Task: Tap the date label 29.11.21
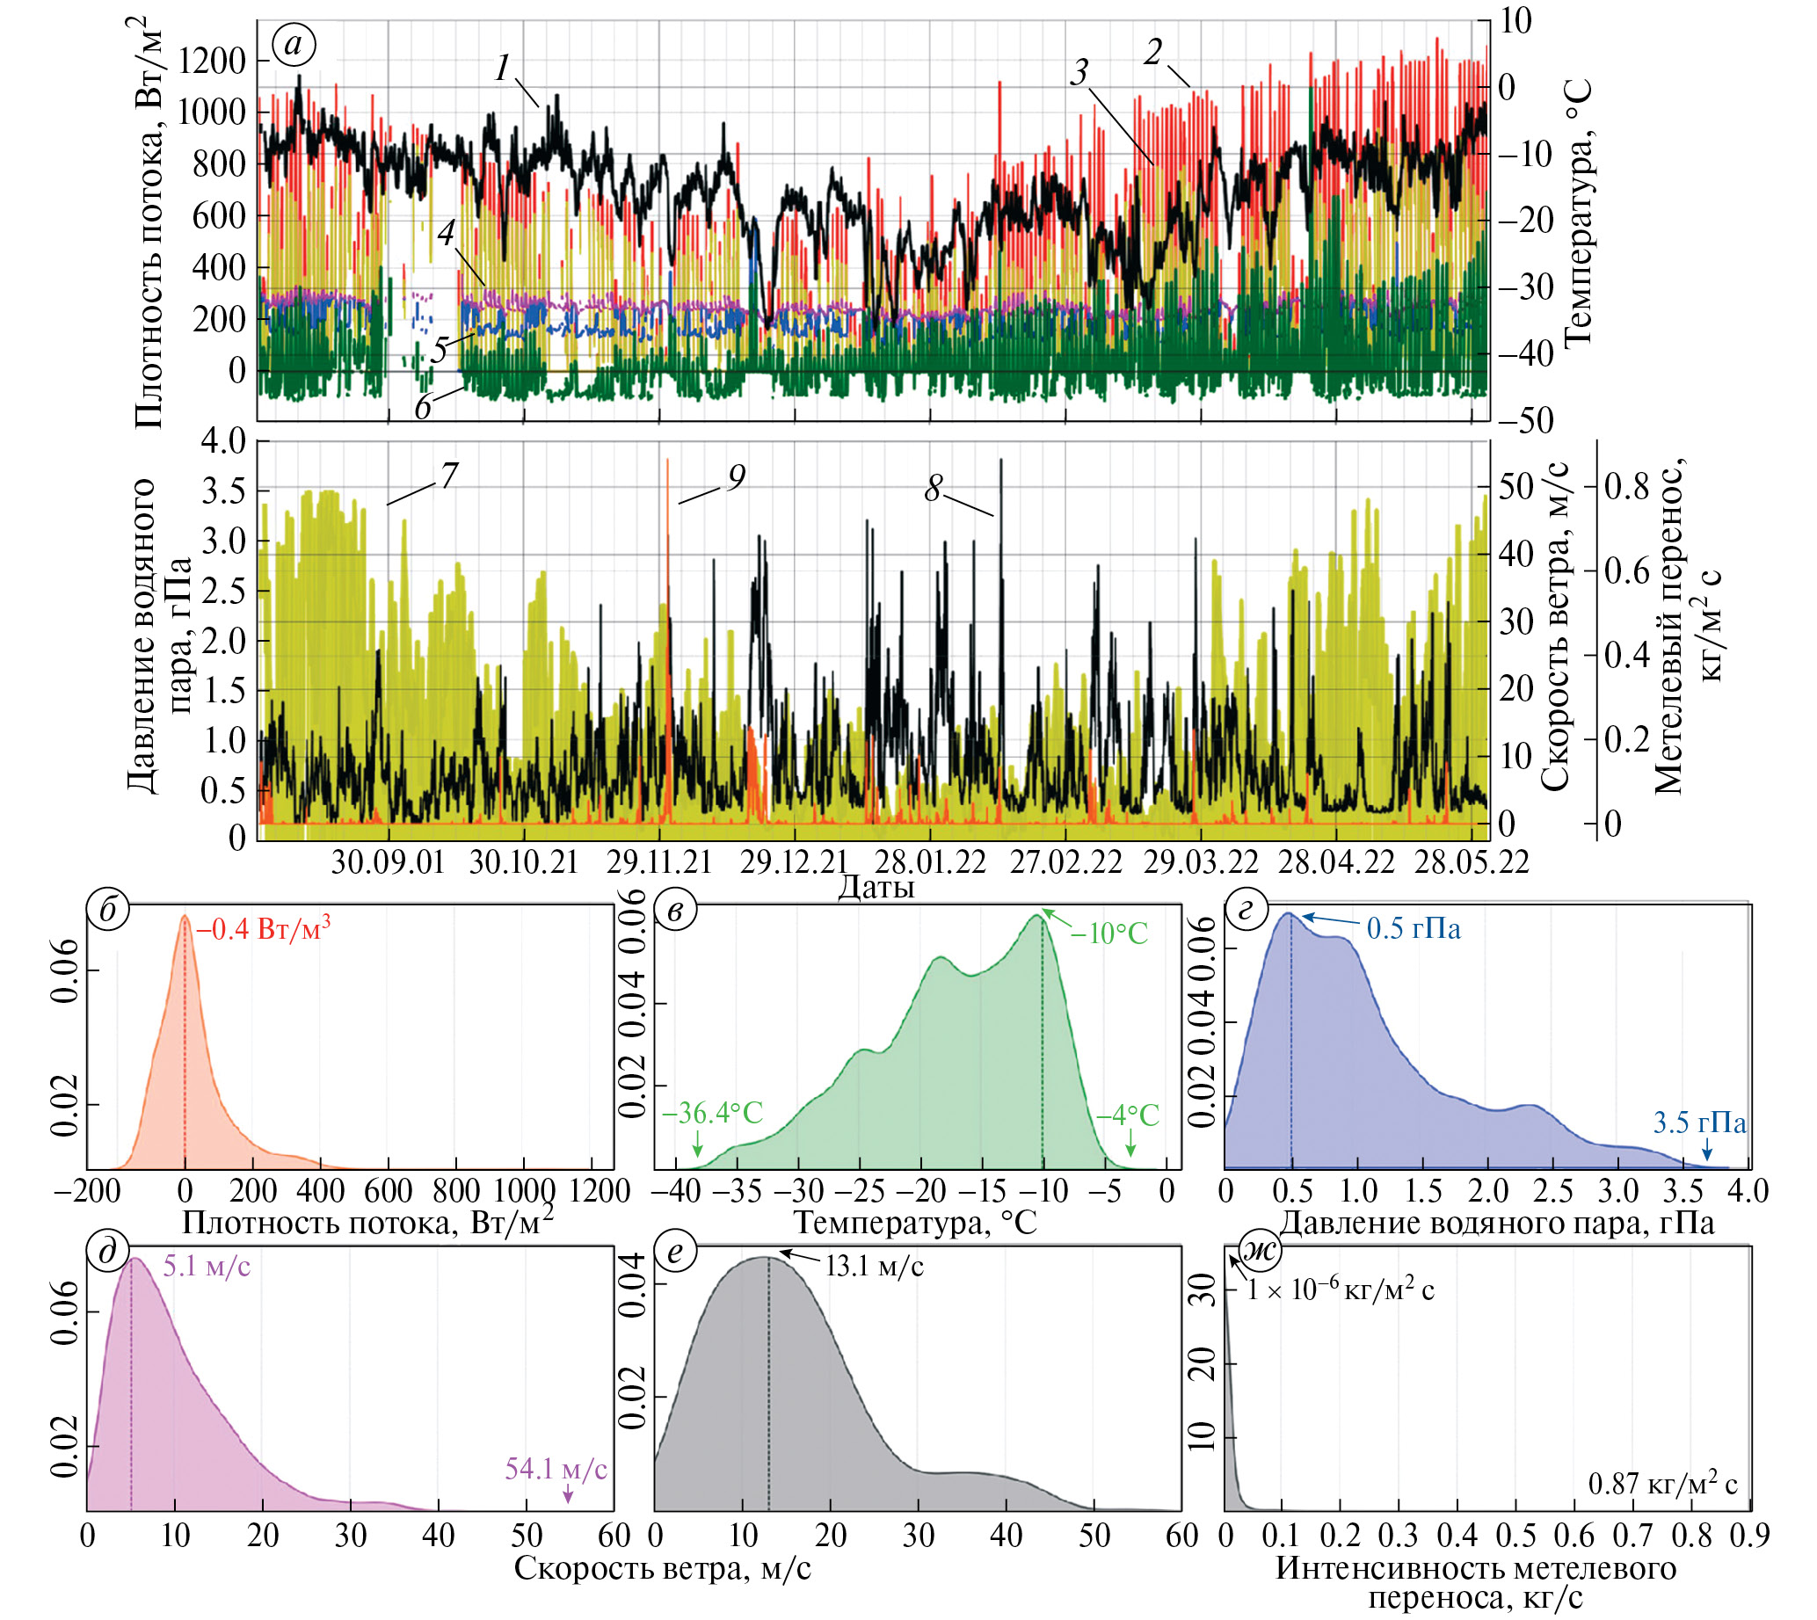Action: point(659,861)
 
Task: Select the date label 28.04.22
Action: point(1336,861)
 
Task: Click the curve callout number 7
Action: point(448,476)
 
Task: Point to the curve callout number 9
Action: point(736,478)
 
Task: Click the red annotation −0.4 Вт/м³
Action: point(264,929)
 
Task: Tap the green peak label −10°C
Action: point(1108,933)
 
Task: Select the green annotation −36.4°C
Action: point(712,1113)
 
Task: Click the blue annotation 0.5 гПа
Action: point(1414,929)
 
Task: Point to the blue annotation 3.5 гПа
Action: point(1699,1122)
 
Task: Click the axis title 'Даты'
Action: point(876,887)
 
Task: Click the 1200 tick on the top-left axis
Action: point(212,61)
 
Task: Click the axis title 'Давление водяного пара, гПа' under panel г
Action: point(1495,1222)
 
